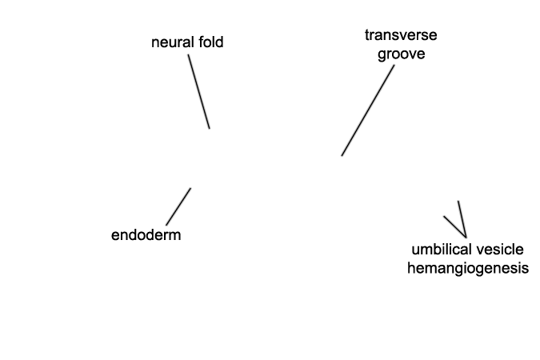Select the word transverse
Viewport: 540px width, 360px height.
tap(401, 36)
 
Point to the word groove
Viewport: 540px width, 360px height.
tap(401, 55)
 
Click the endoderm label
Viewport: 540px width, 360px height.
tap(146, 235)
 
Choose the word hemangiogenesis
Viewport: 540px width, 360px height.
tap(468, 268)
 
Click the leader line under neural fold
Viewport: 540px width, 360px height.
tap(199, 91)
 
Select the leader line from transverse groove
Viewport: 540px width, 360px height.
tap(368, 110)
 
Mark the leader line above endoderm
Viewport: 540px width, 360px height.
tap(178, 206)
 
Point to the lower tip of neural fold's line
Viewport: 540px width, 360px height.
tap(209, 128)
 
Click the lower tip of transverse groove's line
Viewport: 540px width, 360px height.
tap(342, 155)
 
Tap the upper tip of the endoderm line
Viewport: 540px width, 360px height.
tap(190, 189)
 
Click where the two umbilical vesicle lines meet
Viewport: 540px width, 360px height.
tap(465, 234)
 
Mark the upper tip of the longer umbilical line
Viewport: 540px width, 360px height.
tap(458, 202)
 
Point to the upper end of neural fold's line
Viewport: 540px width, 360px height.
tap(190, 54)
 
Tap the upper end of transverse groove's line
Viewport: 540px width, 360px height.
tap(394, 66)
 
